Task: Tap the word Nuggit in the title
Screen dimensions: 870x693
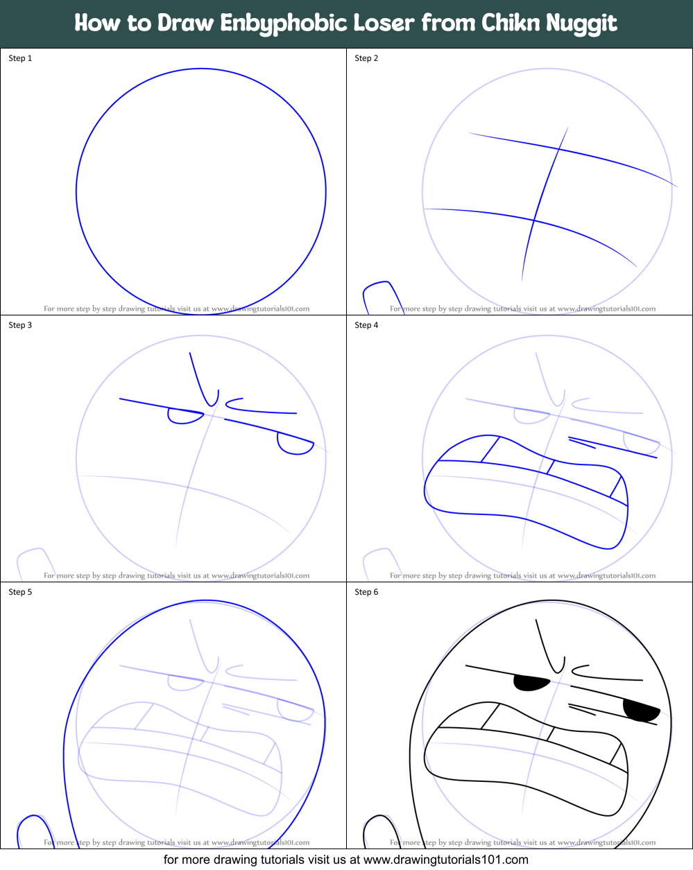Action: point(581,24)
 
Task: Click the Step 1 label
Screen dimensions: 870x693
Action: point(20,58)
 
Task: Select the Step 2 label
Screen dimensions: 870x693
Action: point(366,58)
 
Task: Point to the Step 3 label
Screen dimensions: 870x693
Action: point(20,325)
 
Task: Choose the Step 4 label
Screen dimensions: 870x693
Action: point(366,325)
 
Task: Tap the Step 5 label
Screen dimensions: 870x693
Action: point(20,592)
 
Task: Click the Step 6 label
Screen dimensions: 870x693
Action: point(366,592)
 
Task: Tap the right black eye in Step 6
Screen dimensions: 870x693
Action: point(640,710)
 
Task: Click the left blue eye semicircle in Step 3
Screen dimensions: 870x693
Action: point(184,416)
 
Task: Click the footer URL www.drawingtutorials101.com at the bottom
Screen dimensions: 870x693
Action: point(446,860)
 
